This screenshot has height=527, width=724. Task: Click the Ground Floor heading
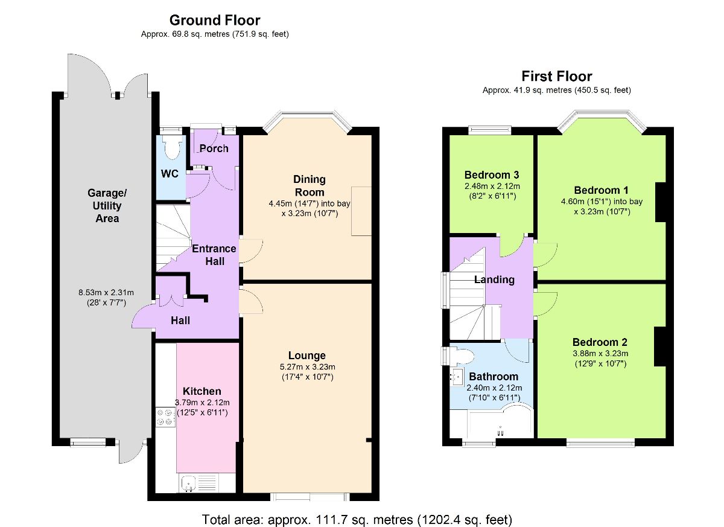tap(215, 21)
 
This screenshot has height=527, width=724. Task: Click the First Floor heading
tap(556, 76)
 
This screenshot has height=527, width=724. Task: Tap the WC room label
tap(170, 174)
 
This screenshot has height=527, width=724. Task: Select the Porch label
tap(214, 149)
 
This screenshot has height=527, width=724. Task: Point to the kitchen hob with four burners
tap(165, 417)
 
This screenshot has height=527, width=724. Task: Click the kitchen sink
tap(188, 484)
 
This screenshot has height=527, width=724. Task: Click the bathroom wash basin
tap(457, 377)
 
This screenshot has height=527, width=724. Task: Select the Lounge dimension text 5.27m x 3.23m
tap(307, 367)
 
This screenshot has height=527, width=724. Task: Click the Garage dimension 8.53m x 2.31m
tap(106, 293)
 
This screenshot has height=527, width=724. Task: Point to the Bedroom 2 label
tap(600, 342)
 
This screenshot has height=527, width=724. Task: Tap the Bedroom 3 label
tap(492, 175)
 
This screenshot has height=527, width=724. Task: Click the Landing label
tap(494, 279)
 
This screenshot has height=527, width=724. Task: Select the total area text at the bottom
tap(357, 520)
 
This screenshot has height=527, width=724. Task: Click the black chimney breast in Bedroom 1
tap(660, 202)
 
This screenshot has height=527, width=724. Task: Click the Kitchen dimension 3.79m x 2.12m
tap(202, 403)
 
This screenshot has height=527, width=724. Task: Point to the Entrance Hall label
tap(214, 255)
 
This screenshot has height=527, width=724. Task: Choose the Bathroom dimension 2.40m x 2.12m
tap(494, 388)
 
